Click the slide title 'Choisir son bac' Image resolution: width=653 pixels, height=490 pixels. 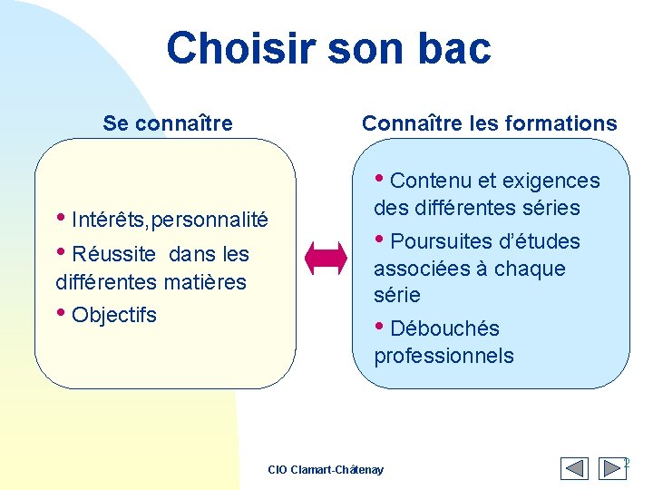point(328,48)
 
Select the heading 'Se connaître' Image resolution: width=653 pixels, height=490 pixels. point(168,123)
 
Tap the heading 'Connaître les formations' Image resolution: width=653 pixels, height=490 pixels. point(489,123)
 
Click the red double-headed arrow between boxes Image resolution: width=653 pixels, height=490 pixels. point(326,259)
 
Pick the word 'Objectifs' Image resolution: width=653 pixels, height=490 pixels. point(113,316)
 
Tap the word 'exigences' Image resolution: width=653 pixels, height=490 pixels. point(552,181)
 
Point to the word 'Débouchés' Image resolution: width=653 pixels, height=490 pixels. point(444,328)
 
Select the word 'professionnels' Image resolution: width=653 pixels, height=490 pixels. point(443,356)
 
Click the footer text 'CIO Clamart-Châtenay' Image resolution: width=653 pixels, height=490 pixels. point(326,470)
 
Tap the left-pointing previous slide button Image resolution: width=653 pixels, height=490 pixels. point(574,468)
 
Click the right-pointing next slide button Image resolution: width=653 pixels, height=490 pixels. point(605,468)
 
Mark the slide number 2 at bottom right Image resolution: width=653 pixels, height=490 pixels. point(626,464)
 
